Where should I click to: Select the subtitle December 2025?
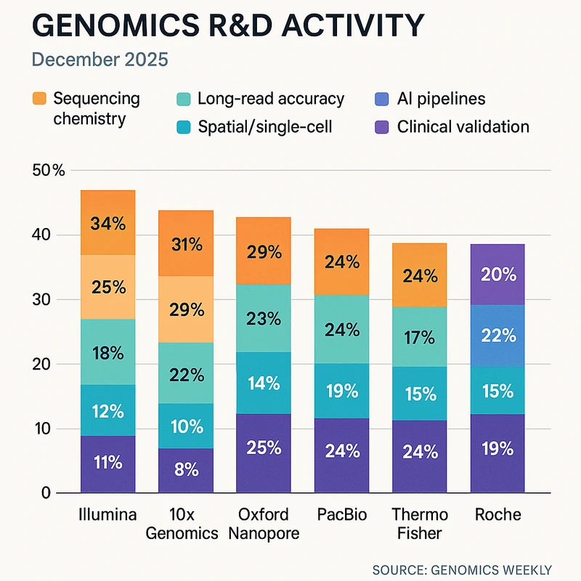click(x=99, y=59)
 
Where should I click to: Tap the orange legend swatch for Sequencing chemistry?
click(x=40, y=99)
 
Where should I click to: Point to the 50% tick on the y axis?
click(x=49, y=171)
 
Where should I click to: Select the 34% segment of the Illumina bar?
click(x=107, y=222)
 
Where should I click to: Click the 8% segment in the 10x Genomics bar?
click(x=186, y=470)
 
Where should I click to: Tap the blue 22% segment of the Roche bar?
click(x=498, y=336)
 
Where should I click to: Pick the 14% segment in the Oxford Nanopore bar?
click(x=264, y=383)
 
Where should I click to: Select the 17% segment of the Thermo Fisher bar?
click(x=420, y=338)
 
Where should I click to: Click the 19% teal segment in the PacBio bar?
click(x=342, y=391)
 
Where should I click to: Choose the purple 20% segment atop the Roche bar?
click(x=498, y=275)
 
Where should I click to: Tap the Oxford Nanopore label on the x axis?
click(x=264, y=523)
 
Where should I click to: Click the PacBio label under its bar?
click(x=342, y=515)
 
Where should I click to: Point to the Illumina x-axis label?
click(x=107, y=515)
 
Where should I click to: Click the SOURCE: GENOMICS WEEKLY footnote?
click(x=461, y=570)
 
